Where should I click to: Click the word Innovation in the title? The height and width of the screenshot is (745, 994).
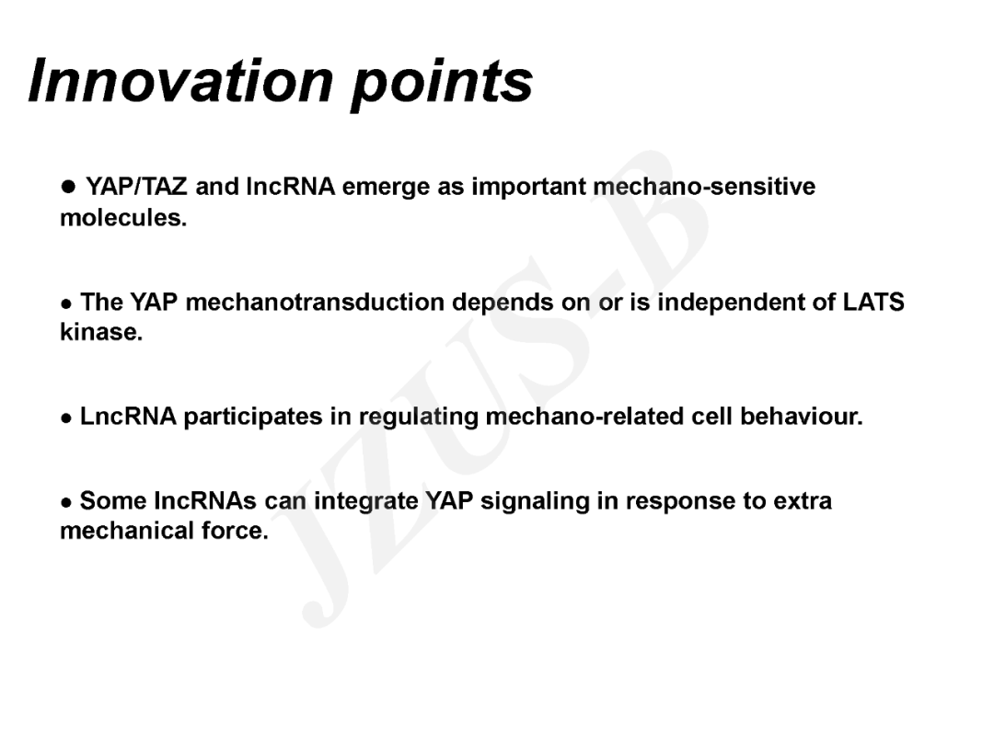180,80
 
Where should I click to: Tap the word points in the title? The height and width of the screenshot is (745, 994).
442,86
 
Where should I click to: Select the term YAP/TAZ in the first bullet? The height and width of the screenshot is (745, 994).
136,187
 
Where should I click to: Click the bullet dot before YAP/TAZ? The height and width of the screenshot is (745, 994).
68,186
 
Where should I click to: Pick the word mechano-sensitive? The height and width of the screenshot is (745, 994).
704,187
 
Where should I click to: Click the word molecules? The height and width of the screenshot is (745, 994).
123,217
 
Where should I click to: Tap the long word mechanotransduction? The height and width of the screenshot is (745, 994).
315,303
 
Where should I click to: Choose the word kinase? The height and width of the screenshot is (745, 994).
101,332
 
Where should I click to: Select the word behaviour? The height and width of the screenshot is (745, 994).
802,417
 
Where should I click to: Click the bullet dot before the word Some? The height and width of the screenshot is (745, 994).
66,503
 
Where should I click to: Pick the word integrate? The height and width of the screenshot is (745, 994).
365,502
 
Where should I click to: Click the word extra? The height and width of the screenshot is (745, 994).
802,501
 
